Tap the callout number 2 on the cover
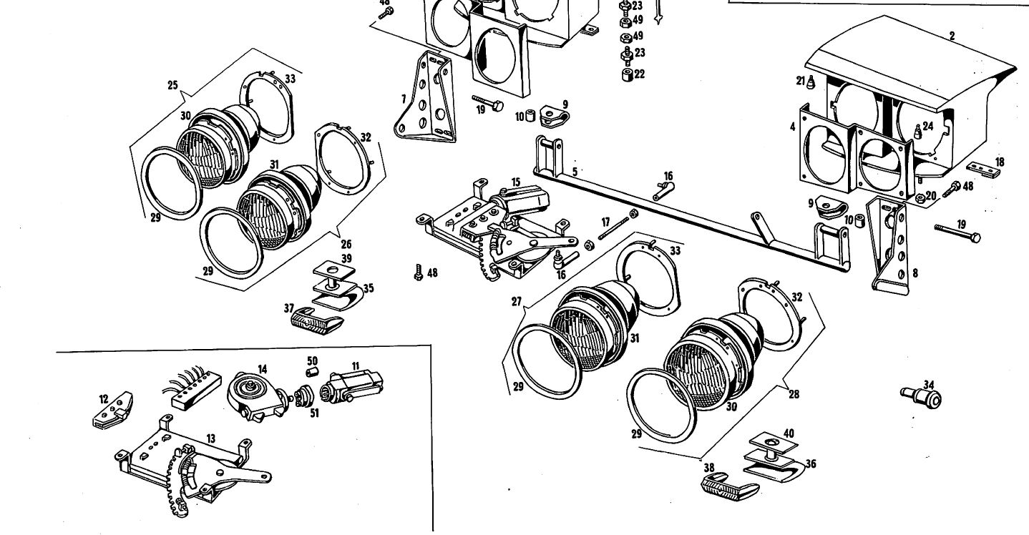[x=952, y=35]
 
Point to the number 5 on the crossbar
[x=574, y=172]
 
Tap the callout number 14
[x=263, y=369]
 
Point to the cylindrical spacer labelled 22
[x=626, y=74]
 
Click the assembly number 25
[x=172, y=84]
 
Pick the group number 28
[x=794, y=393]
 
